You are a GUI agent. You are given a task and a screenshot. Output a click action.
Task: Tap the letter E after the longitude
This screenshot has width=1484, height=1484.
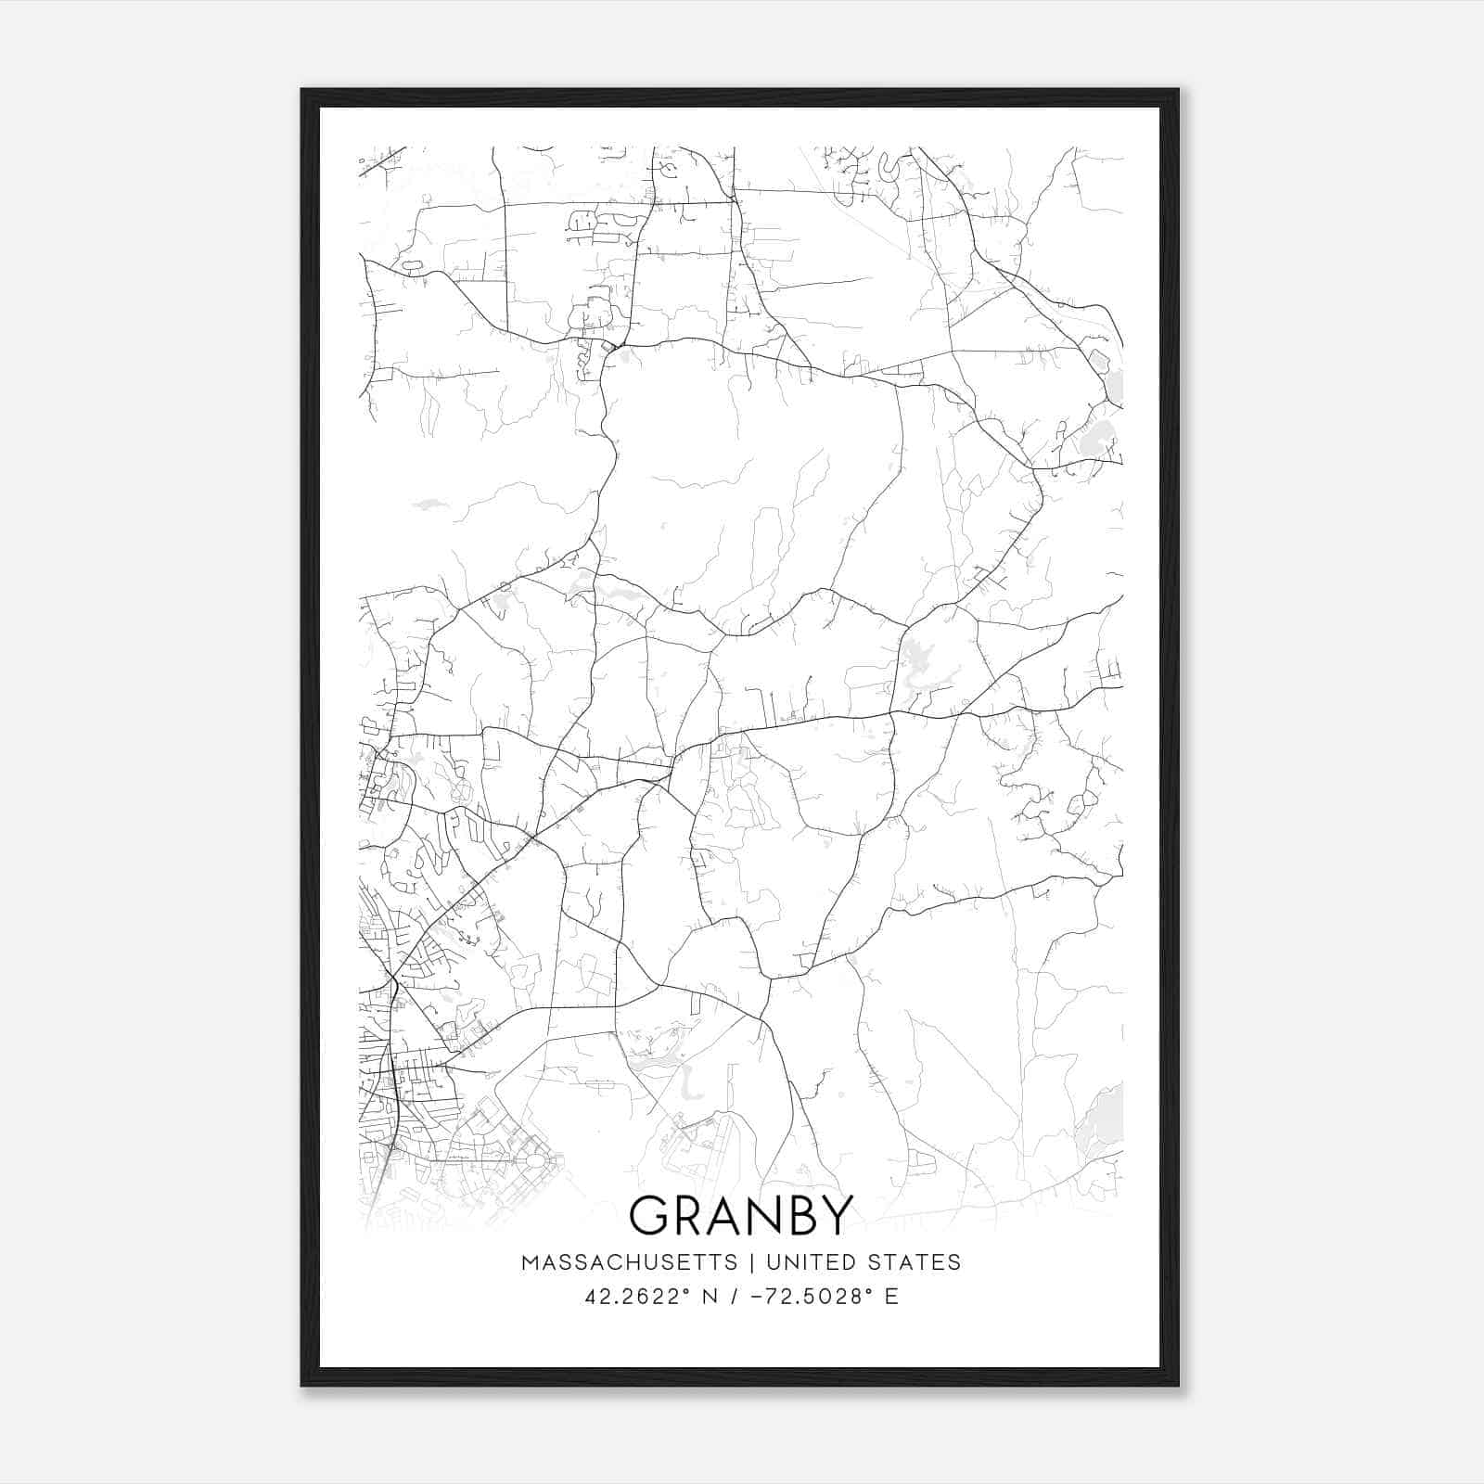[x=891, y=1297]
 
